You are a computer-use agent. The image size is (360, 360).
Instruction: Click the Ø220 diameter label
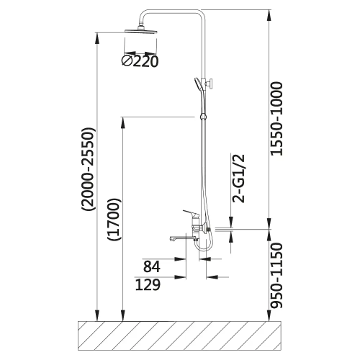point(140,61)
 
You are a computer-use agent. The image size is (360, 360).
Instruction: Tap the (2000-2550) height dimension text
point(89,169)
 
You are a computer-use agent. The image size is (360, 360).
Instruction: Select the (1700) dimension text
point(114,220)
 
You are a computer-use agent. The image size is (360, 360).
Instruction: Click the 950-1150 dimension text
point(276,275)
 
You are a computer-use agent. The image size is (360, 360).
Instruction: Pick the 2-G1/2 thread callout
point(238,179)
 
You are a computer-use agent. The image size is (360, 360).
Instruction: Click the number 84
point(152,266)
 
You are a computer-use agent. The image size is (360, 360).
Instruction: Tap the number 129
point(148,285)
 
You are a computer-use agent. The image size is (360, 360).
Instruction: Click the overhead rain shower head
point(141,31)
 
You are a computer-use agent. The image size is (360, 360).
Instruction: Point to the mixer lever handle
point(191,212)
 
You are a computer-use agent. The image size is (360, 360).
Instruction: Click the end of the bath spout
point(171,239)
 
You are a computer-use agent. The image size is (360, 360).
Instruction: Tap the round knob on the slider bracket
point(211,84)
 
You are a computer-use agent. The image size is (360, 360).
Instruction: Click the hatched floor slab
point(179,336)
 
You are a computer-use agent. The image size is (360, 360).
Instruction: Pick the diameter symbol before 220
point(127,61)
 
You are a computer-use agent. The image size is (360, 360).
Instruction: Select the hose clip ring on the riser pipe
point(203,117)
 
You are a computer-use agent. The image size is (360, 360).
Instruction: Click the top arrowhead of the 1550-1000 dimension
point(270,15)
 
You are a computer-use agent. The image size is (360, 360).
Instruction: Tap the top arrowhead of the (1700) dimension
point(122,122)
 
